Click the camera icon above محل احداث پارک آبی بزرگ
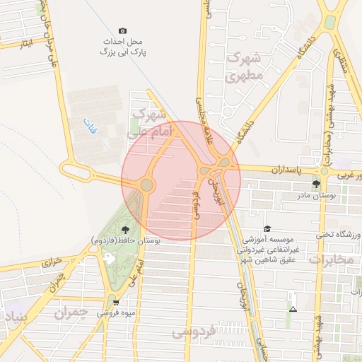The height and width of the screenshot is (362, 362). tap(123, 31)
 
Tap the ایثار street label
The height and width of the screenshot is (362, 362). tap(27, 44)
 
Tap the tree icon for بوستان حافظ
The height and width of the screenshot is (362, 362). tap(125, 229)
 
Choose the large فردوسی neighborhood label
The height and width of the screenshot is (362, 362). tap(195, 331)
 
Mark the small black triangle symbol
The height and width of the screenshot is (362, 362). tap(293, 309)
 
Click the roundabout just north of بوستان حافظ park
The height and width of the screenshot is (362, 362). tap(146, 185)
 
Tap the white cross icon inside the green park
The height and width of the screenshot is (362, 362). tap(108, 259)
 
